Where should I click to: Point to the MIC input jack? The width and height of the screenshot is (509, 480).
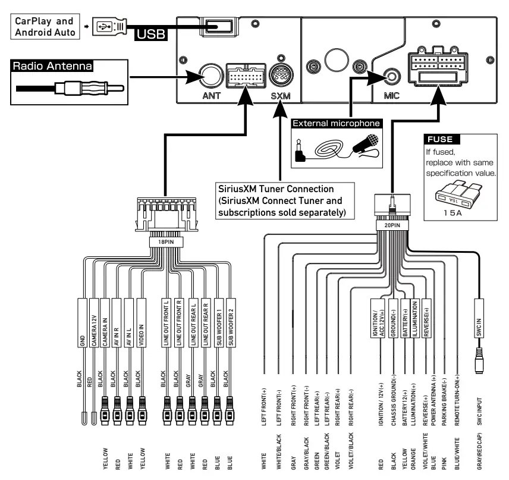392,77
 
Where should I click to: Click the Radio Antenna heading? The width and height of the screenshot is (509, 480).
54,65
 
